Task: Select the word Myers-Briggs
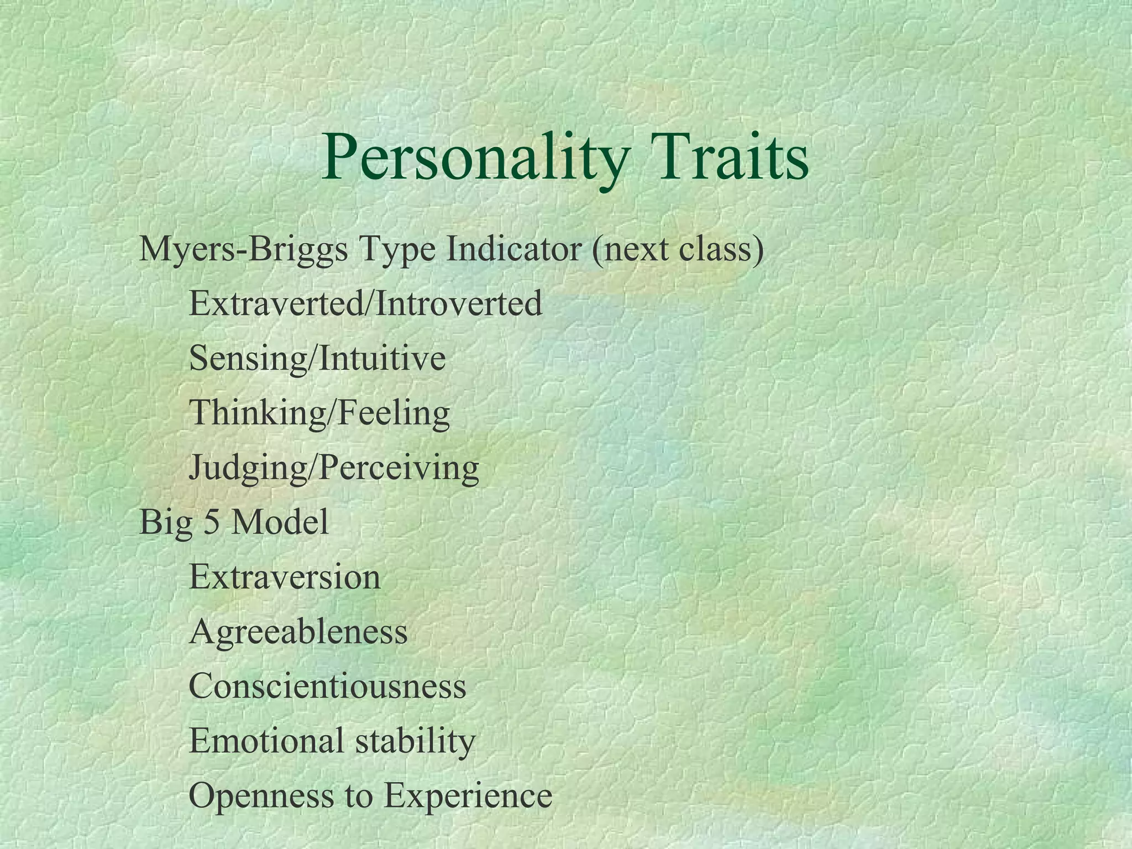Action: click(244, 250)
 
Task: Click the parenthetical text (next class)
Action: click(678, 250)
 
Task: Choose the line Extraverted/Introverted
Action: click(365, 303)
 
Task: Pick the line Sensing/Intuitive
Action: click(317, 358)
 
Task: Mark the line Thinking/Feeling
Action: click(319, 413)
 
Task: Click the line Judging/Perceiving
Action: click(334, 468)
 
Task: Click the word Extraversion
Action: click(285, 577)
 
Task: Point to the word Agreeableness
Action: click(298, 632)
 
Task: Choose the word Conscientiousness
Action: click(328, 686)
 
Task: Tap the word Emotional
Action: click(266, 741)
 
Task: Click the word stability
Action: click(415, 741)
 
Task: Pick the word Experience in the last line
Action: click(468, 796)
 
